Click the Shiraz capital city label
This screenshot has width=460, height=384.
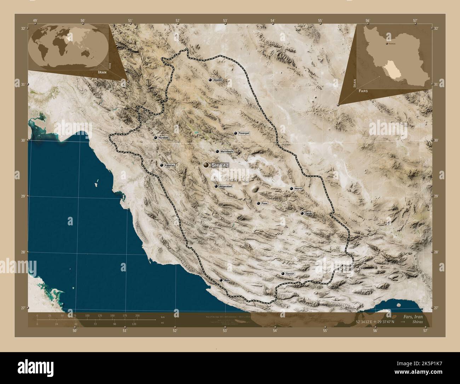[x=220, y=165]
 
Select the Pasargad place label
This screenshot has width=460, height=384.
[x=244, y=134]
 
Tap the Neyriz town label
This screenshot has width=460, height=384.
[x=298, y=189]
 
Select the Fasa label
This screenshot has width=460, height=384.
[x=264, y=204]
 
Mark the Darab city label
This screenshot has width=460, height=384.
[x=309, y=214]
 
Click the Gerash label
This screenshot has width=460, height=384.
[x=290, y=274]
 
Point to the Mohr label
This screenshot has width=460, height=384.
[x=227, y=280]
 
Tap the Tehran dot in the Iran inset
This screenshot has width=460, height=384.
[x=387, y=43]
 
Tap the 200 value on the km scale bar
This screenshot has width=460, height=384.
[x=137, y=315]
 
